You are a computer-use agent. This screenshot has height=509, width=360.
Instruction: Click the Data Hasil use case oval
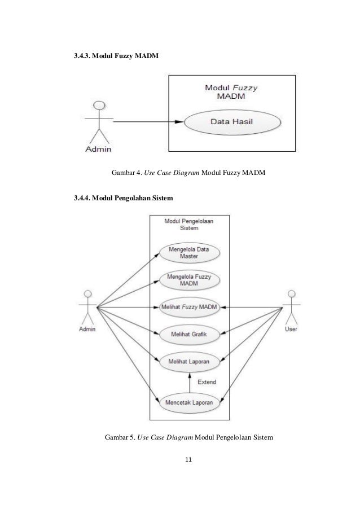click(x=232, y=122)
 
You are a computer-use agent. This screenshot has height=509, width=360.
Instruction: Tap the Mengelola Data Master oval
click(x=189, y=253)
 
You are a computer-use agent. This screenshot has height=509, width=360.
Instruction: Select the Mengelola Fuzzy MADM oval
click(x=189, y=280)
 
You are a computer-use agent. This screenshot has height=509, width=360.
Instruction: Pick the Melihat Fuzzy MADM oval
click(x=189, y=307)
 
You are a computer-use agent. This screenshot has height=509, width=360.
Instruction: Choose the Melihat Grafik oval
click(x=189, y=335)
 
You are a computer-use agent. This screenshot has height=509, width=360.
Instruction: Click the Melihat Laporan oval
click(x=189, y=362)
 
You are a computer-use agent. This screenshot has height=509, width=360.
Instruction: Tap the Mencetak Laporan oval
click(x=189, y=403)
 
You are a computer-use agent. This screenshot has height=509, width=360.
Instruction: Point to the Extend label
click(x=207, y=382)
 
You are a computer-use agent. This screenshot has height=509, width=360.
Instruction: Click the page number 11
click(x=188, y=459)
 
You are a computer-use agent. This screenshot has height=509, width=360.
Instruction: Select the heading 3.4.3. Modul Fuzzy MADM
click(x=116, y=56)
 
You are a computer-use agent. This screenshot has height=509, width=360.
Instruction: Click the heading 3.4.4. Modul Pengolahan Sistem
click(x=124, y=198)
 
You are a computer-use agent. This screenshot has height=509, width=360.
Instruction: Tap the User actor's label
click(x=291, y=329)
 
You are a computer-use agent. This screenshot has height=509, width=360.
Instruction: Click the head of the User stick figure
click(x=292, y=294)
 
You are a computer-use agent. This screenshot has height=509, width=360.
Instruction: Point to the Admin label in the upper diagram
click(x=98, y=149)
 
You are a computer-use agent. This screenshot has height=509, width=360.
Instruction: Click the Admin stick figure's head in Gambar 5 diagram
click(x=87, y=294)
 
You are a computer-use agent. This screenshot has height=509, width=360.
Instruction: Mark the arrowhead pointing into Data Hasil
click(x=179, y=122)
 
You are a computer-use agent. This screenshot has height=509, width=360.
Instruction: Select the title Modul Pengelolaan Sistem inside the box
click(x=189, y=225)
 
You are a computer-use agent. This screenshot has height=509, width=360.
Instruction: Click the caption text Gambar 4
click(x=127, y=173)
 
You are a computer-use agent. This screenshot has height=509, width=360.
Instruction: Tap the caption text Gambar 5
click(x=120, y=437)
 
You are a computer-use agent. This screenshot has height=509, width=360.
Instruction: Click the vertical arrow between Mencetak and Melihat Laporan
click(x=190, y=383)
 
